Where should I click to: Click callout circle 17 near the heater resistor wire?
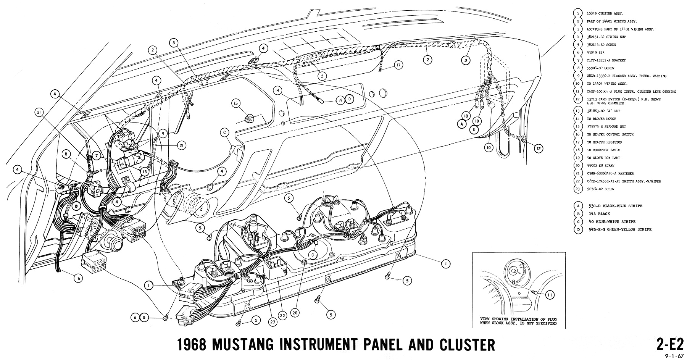398,65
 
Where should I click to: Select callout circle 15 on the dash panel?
236,103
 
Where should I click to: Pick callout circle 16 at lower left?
78,278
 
